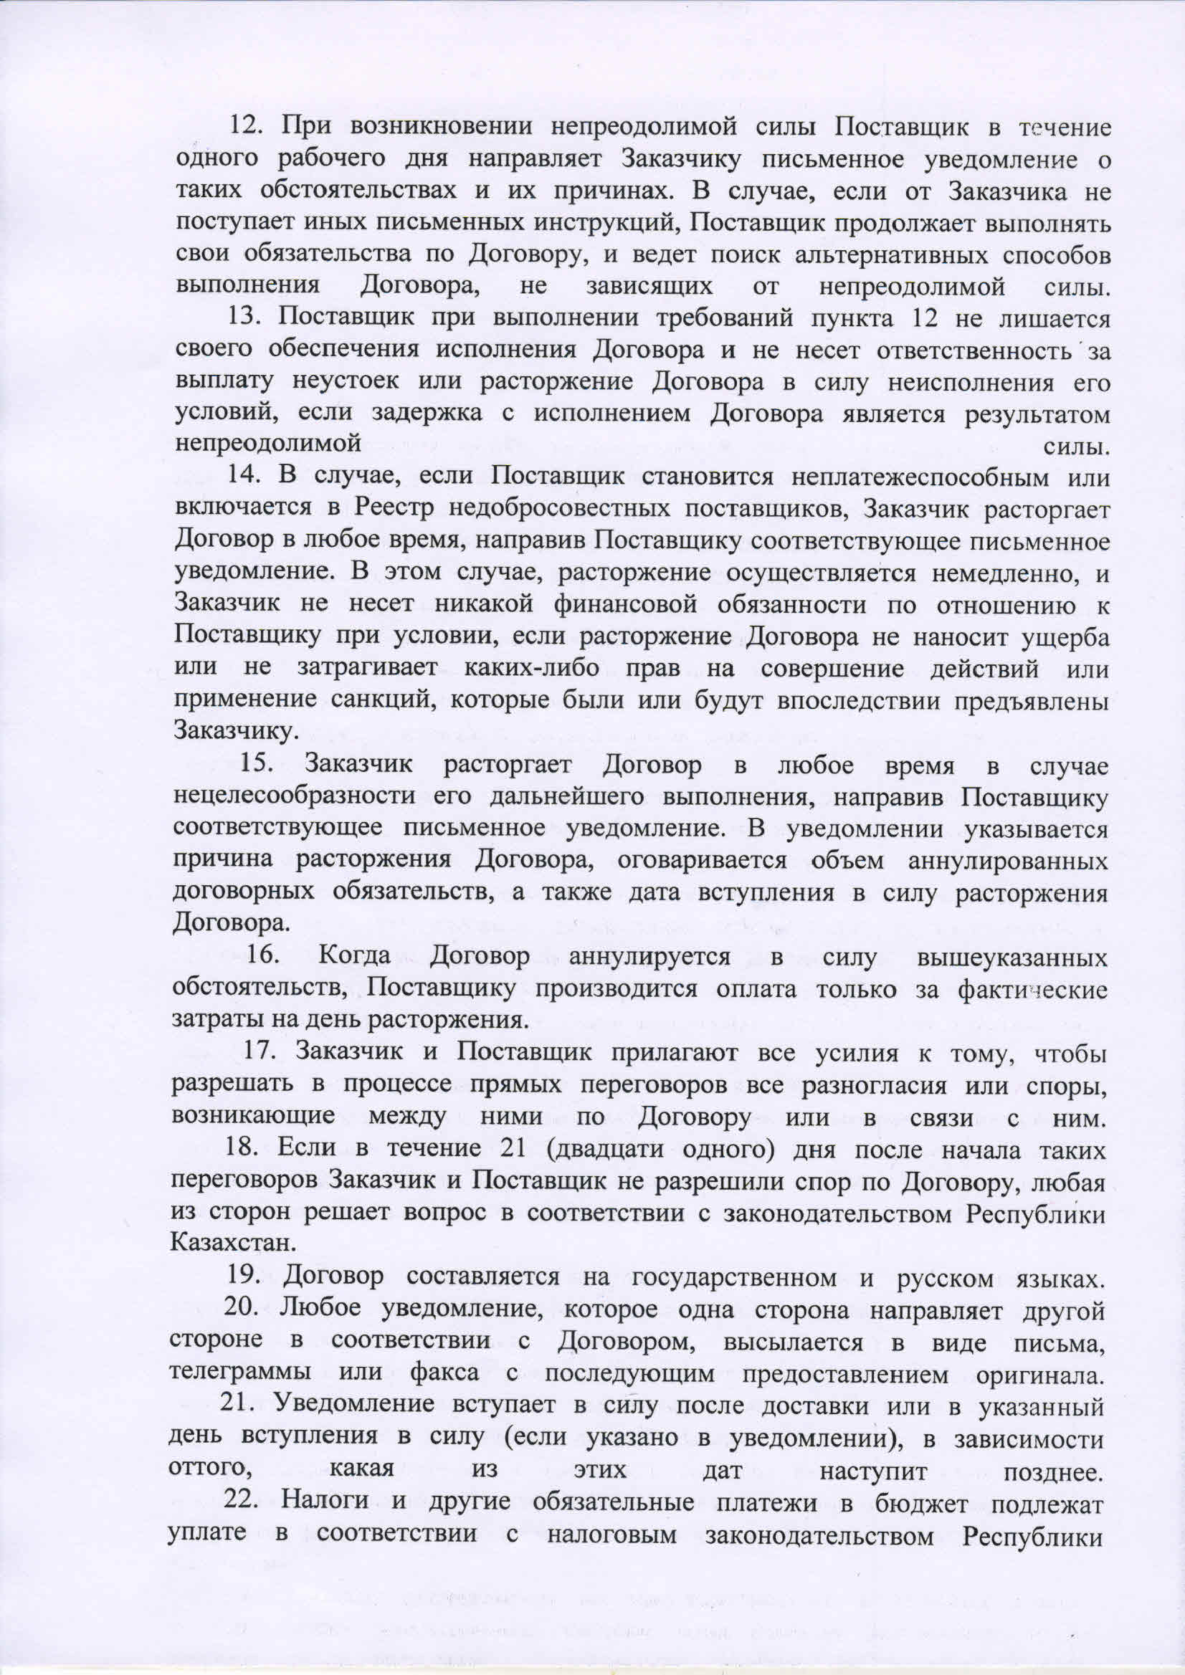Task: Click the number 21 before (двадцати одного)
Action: click(512, 1148)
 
